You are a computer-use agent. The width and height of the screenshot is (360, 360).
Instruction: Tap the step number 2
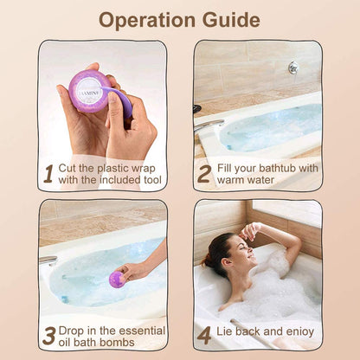(x=204, y=174)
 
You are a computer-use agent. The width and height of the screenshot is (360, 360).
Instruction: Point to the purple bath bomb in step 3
(x=116, y=279)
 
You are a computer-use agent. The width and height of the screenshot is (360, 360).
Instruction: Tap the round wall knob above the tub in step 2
(x=293, y=67)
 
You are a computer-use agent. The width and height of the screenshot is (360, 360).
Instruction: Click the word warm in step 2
(x=238, y=181)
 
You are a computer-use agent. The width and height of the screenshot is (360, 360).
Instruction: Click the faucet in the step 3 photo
(x=48, y=259)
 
